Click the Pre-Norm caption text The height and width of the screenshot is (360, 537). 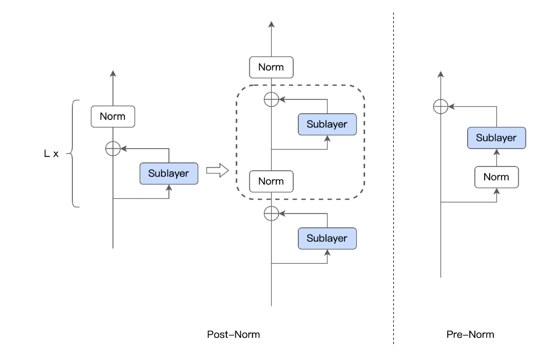coord(470,334)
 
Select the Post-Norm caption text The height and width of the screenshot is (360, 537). coord(233,334)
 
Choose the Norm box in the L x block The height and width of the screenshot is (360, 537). coord(113,117)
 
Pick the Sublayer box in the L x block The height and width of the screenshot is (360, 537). coord(168,173)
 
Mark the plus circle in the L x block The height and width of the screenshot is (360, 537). coord(113,149)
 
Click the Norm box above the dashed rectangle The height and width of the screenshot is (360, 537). coord(271,67)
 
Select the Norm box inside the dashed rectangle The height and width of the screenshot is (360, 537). coord(271,181)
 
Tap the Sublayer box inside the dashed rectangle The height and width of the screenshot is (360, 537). coord(327,124)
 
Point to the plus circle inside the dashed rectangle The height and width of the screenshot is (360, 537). coord(271,100)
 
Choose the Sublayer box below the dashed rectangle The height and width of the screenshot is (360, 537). coord(327,238)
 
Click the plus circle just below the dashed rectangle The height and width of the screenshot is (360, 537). coord(271,213)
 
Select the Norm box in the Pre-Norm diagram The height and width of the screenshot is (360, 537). coord(497,177)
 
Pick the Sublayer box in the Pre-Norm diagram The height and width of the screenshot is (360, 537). coord(497,137)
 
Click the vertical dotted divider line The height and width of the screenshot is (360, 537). coord(393,179)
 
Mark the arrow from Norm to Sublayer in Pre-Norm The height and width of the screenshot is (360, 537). coord(497,157)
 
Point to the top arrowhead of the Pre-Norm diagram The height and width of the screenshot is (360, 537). coord(440,74)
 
